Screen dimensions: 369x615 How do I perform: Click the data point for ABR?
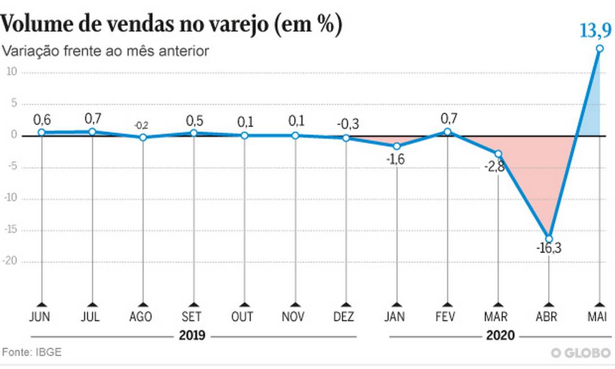coord(549,239)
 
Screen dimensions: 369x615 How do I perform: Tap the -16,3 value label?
coord(549,248)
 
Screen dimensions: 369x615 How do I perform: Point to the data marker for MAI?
coord(600,49)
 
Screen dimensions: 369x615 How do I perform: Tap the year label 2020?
coord(501,336)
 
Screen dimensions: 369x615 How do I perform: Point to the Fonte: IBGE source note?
coord(32,352)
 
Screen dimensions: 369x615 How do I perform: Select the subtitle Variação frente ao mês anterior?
coord(106,51)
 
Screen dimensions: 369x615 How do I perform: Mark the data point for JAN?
coord(396,146)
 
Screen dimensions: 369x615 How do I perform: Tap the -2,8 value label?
coord(490,166)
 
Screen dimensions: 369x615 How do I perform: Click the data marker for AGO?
coord(143,137)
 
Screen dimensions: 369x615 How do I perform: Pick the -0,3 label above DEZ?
coord(348,123)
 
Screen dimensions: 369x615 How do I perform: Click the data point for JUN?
coord(41,132)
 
